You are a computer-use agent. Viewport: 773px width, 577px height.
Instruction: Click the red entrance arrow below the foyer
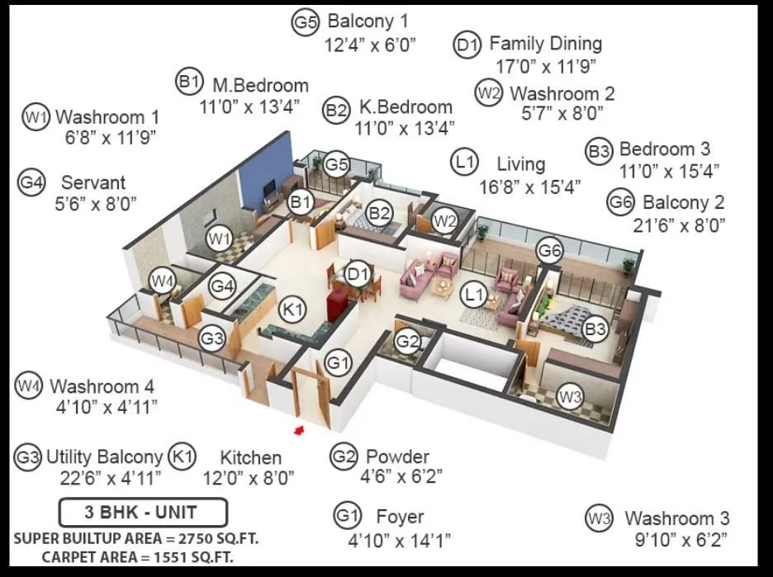coord(300,429)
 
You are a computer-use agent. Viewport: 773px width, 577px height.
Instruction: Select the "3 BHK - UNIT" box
coord(143,512)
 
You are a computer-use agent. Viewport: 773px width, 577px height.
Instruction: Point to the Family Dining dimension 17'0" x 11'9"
coord(545,65)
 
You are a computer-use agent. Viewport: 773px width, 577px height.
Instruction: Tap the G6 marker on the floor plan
coord(550,250)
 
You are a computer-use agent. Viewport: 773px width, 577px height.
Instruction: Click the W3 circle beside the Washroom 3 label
coord(599,518)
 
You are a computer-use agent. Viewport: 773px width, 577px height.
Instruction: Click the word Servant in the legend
coord(93,182)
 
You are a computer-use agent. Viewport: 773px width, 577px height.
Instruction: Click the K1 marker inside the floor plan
coord(293,310)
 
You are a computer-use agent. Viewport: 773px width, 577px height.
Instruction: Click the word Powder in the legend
coord(397,456)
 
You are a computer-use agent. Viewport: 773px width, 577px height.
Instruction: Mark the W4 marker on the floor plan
coord(163,281)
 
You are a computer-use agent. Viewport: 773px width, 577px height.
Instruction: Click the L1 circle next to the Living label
coord(466,161)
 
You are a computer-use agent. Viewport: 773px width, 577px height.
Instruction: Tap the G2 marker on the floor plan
coord(407,341)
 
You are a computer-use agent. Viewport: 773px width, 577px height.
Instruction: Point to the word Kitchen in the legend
coord(250,457)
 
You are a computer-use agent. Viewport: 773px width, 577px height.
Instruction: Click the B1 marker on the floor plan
coord(301,202)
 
